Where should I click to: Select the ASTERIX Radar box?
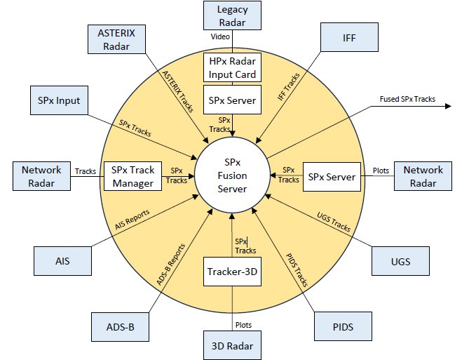[117, 39]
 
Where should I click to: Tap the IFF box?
[349, 39]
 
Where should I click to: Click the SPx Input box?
[59, 101]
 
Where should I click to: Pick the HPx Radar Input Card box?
[232, 67]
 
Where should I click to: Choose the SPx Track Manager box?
[132, 176]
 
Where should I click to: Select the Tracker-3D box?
[232, 271]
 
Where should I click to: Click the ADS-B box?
[120, 326]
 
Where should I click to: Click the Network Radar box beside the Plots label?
[423, 176]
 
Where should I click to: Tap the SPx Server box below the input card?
[232, 100]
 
